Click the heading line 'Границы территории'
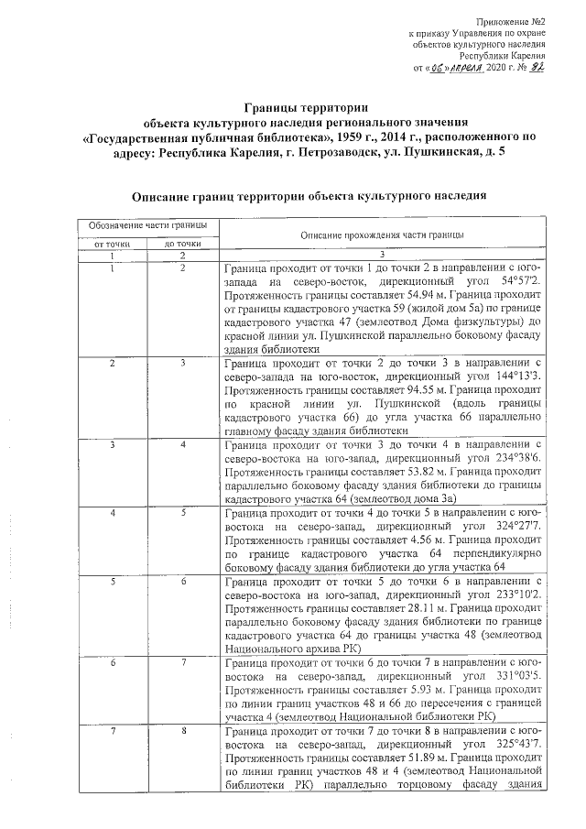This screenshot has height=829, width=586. click(x=306, y=108)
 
